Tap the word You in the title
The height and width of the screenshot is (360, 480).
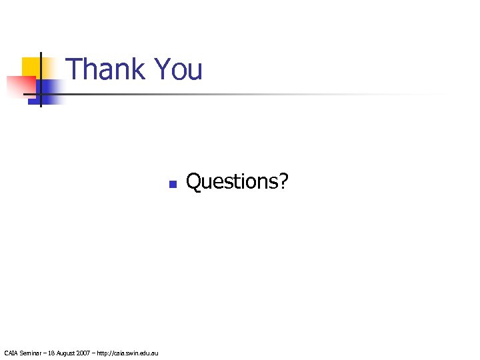point(177,69)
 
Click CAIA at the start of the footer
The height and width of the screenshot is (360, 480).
point(11,352)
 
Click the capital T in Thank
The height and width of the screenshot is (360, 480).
point(75,69)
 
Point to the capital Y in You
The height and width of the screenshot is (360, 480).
point(161,69)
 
